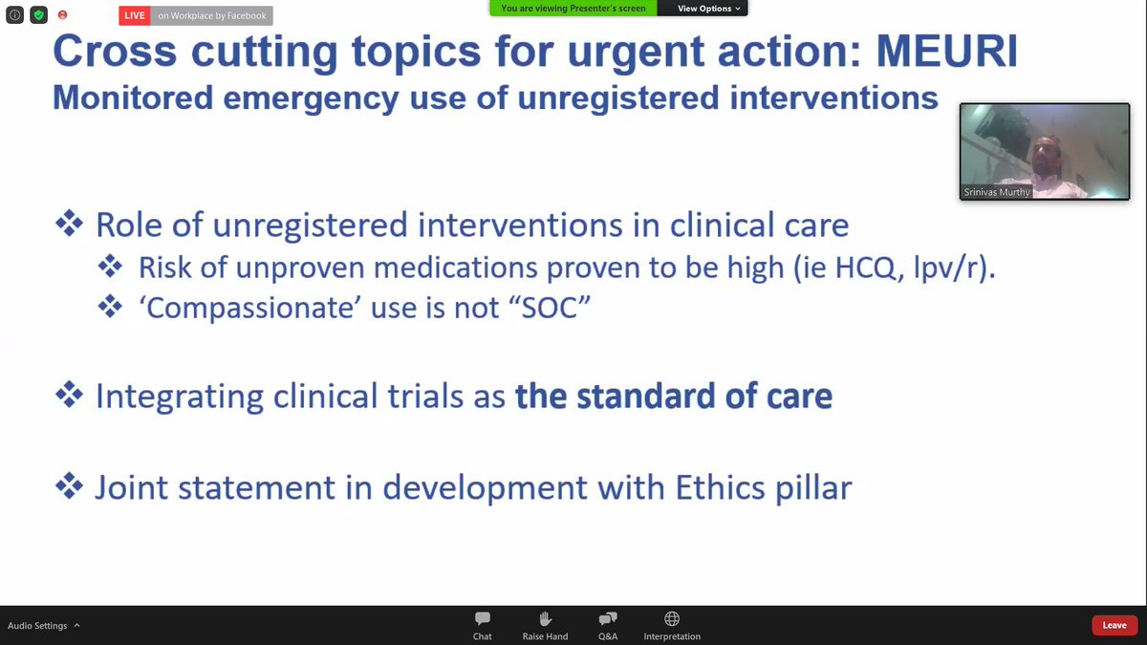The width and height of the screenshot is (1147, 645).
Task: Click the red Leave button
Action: (x=1115, y=625)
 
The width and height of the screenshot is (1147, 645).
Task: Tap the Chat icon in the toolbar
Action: (x=483, y=619)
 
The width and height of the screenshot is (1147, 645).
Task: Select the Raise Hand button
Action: (x=545, y=619)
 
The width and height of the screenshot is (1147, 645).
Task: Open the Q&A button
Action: (x=608, y=619)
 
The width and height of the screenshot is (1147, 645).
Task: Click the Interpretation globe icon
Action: (x=672, y=619)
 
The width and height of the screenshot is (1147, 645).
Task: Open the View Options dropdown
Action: (x=708, y=9)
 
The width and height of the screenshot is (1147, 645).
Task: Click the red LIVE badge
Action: (x=135, y=15)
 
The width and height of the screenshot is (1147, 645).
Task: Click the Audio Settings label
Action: (x=38, y=626)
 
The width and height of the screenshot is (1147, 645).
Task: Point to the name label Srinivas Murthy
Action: (x=997, y=192)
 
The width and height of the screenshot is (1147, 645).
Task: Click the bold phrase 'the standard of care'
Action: (x=674, y=397)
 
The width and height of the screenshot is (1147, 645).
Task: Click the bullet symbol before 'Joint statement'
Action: (x=69, y=487)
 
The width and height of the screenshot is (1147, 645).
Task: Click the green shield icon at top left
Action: (x=38, y=15)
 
